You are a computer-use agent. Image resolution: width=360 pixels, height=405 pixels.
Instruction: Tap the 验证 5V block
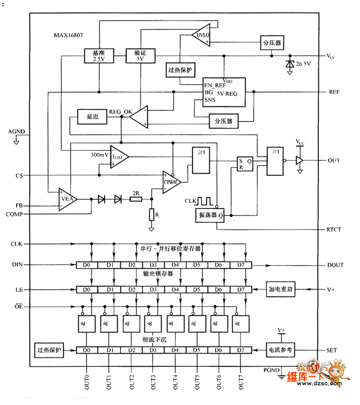[x=140, y=55]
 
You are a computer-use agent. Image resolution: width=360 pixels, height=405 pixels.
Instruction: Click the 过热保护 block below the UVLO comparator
[x=180, y=70]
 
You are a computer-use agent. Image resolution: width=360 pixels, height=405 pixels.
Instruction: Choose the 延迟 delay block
[x=92, y=117]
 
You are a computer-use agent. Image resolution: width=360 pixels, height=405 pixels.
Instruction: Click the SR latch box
[x=245, y=164]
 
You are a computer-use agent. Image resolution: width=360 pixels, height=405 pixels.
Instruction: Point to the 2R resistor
[x=135, y=198]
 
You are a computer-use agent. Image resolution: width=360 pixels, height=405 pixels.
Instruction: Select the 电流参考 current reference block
[x=280, y=350]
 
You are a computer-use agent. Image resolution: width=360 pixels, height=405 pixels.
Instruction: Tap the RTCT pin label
[x=333, y=229]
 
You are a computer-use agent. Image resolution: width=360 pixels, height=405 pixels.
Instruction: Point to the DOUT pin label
[x=335, y=265]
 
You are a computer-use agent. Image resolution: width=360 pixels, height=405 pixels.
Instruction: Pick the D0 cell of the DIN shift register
[x=87, y=265]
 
